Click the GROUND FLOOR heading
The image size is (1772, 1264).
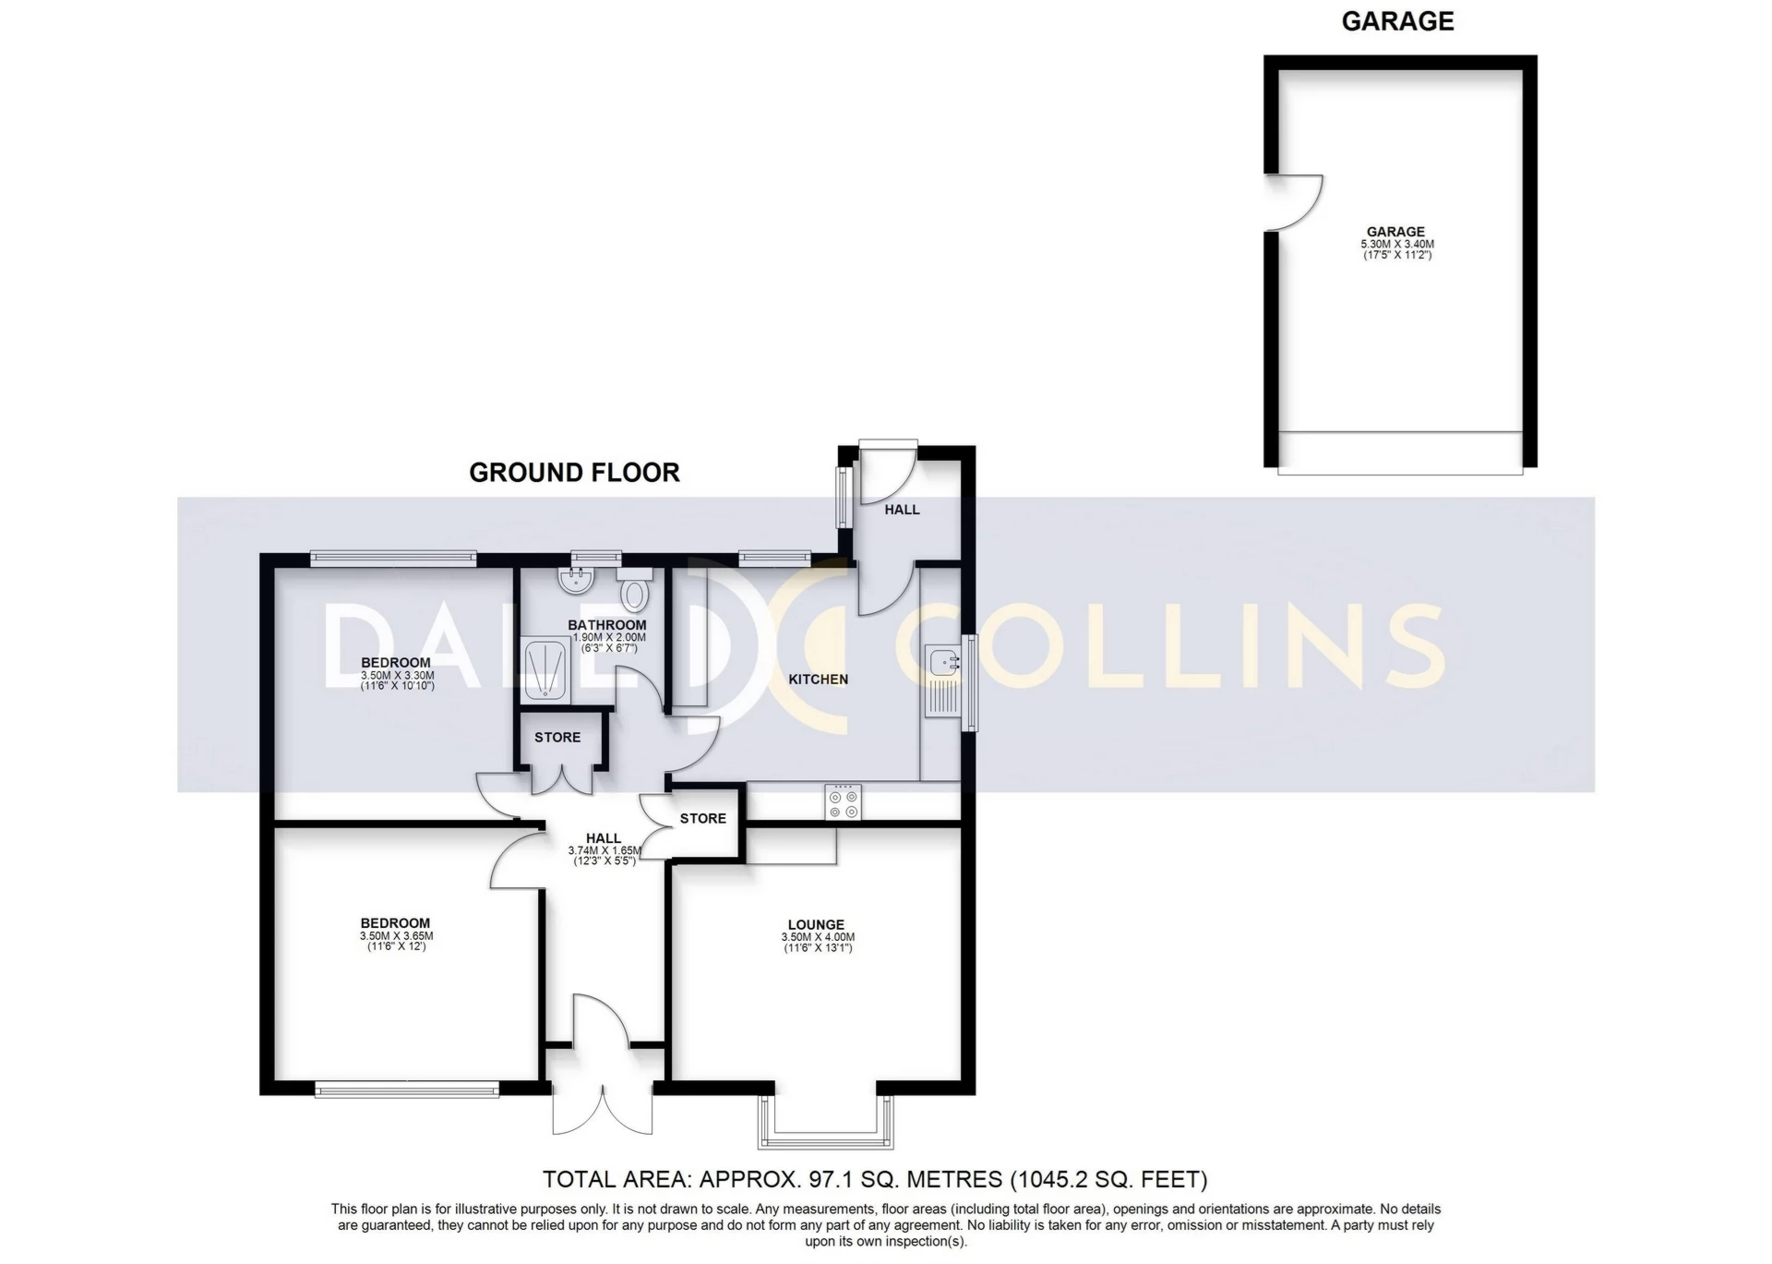(574, 473)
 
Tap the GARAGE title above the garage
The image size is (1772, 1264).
(1397, 21)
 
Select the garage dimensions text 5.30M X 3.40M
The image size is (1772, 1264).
(1397, 245)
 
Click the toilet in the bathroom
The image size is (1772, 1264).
(634, 590)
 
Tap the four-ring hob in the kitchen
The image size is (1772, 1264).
(844, 801)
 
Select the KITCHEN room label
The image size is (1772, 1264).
(818, 680)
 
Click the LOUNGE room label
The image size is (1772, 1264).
(816, 924)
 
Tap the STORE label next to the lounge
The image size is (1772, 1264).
(702, 818)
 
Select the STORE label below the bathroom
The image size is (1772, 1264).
(557, 737)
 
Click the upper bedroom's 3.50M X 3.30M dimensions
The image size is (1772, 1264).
(397, 676)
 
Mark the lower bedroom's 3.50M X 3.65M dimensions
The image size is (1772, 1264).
(396, 936)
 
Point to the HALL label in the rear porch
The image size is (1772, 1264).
(902, 510)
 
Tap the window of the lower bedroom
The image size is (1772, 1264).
(407, 1090)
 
